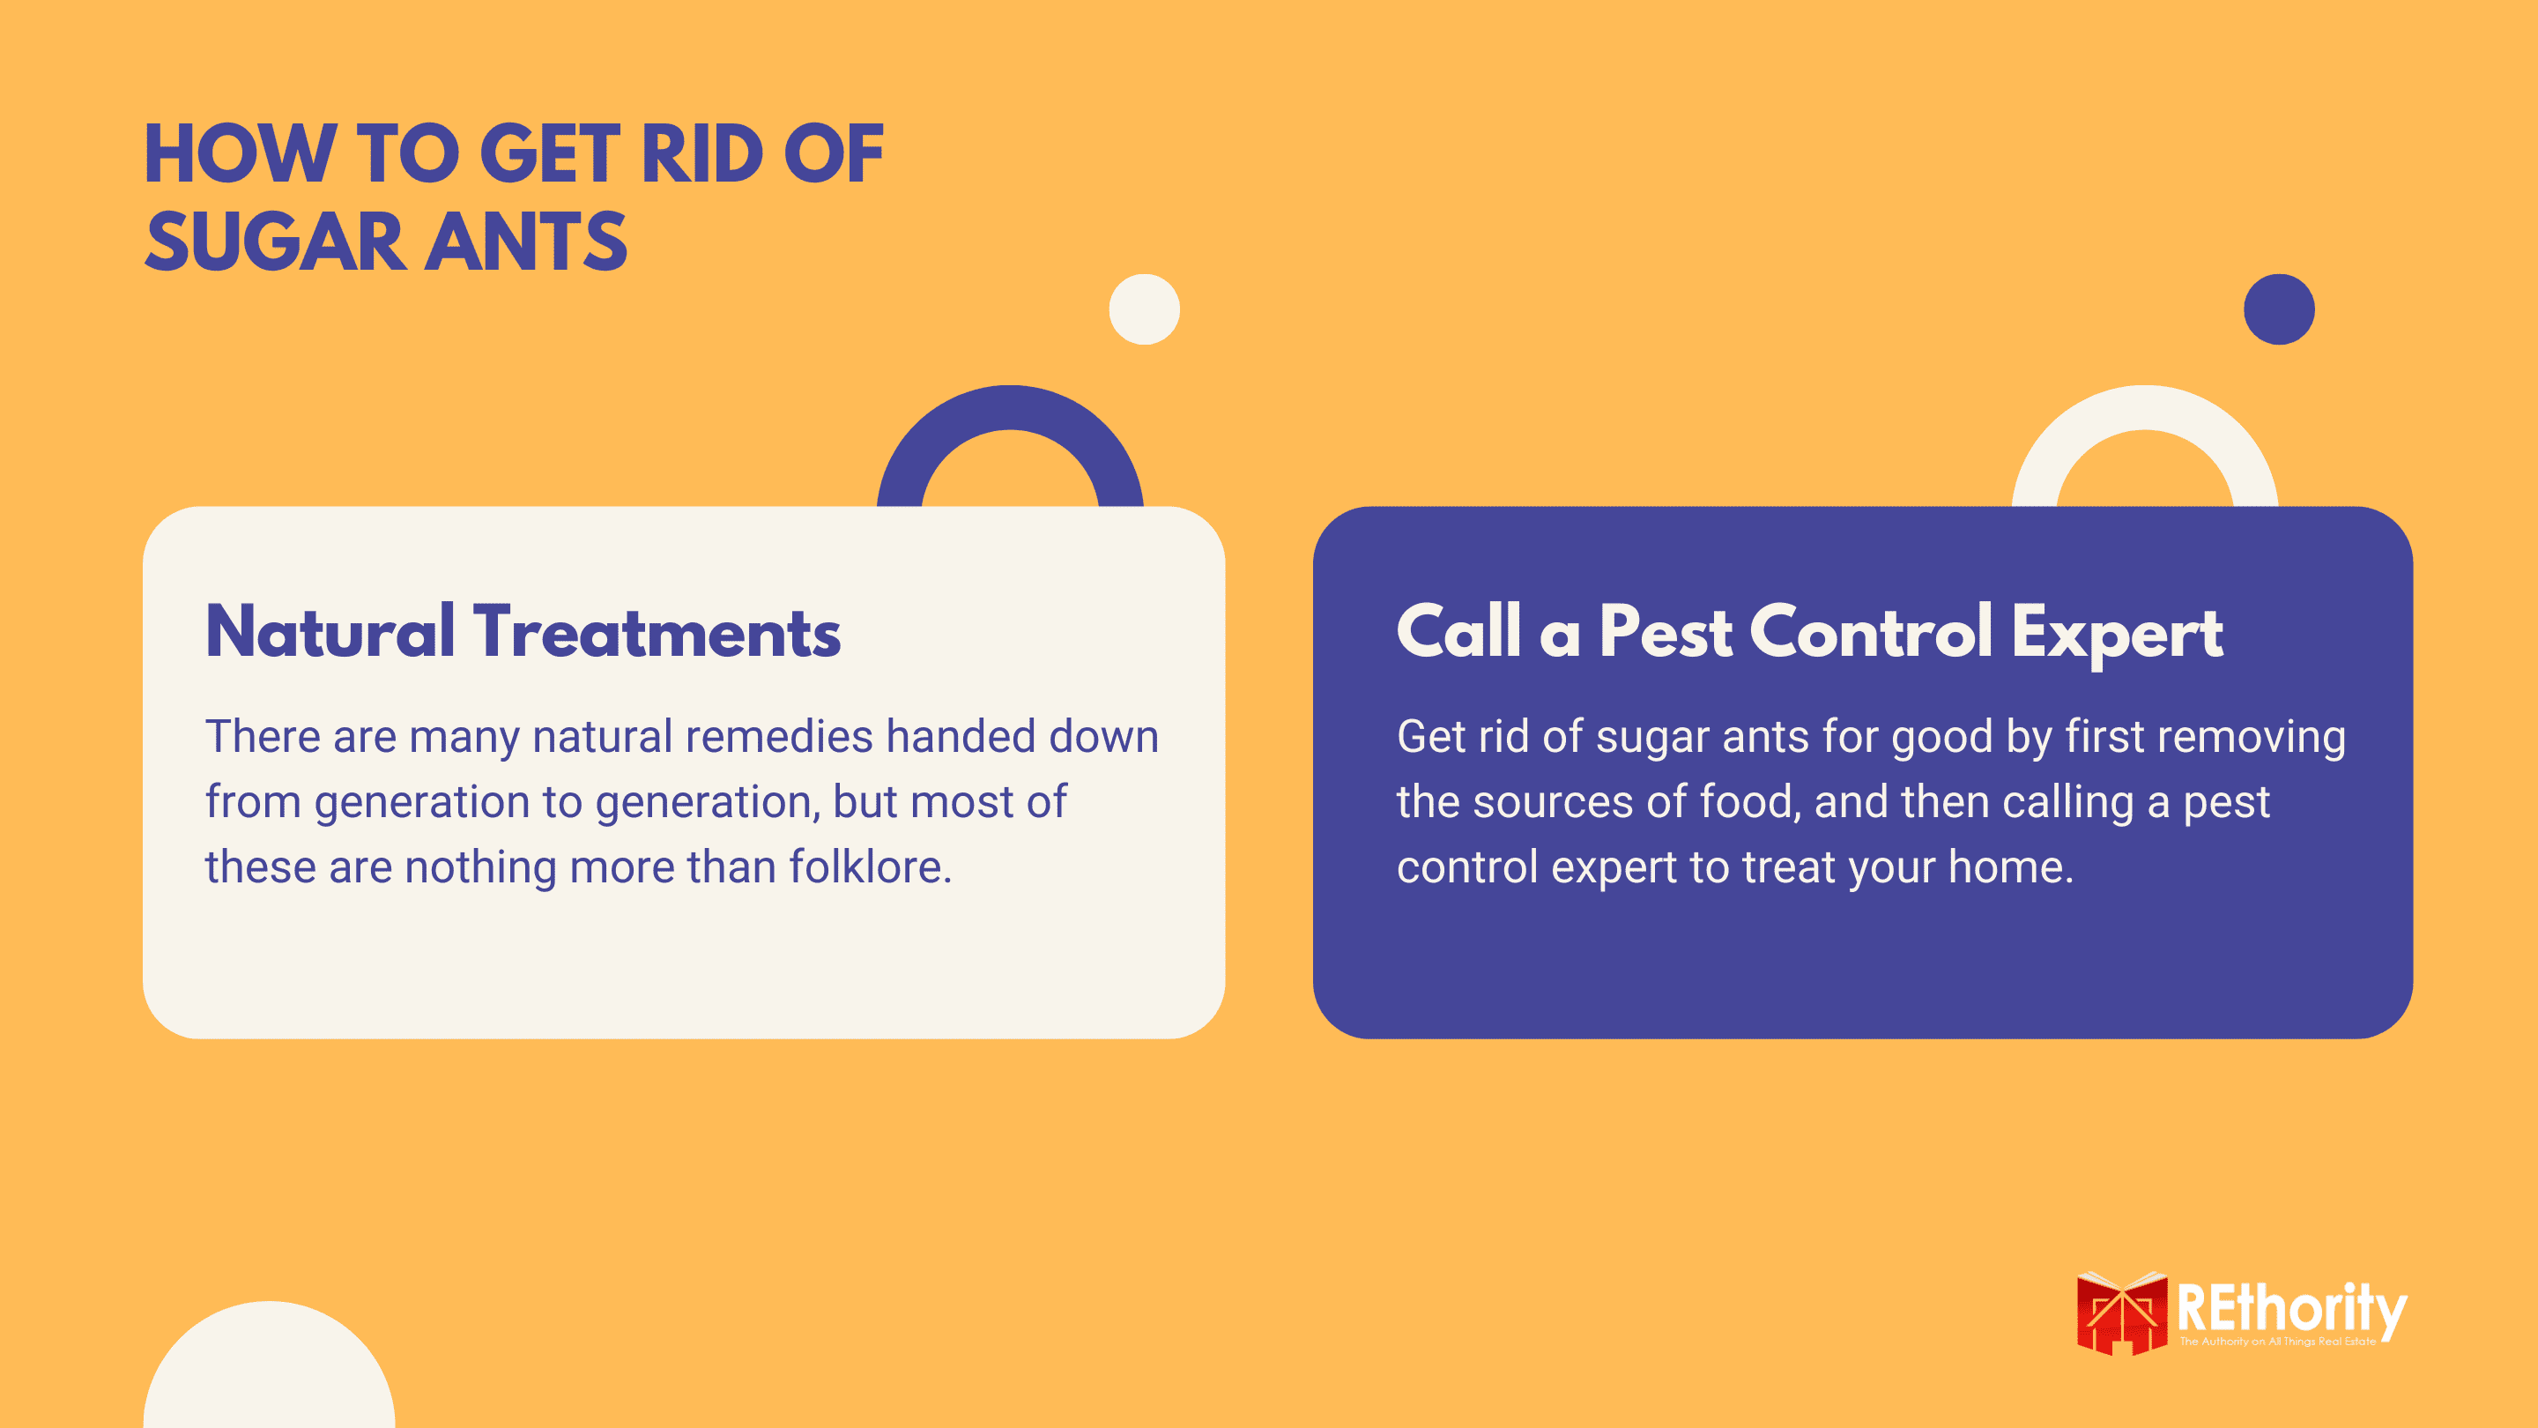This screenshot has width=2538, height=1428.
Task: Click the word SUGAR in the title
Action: click(275, 242)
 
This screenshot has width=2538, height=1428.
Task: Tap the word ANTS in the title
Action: click(526, 242)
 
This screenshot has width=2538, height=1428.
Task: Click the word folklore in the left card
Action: click(869, 867)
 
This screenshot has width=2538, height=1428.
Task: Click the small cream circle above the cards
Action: click(1144, 309)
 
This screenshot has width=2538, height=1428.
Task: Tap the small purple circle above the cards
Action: click(2279, 309)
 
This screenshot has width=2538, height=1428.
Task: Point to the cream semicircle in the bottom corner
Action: click(269, 1365)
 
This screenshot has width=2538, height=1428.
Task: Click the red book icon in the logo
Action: click(2121, 1313)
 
